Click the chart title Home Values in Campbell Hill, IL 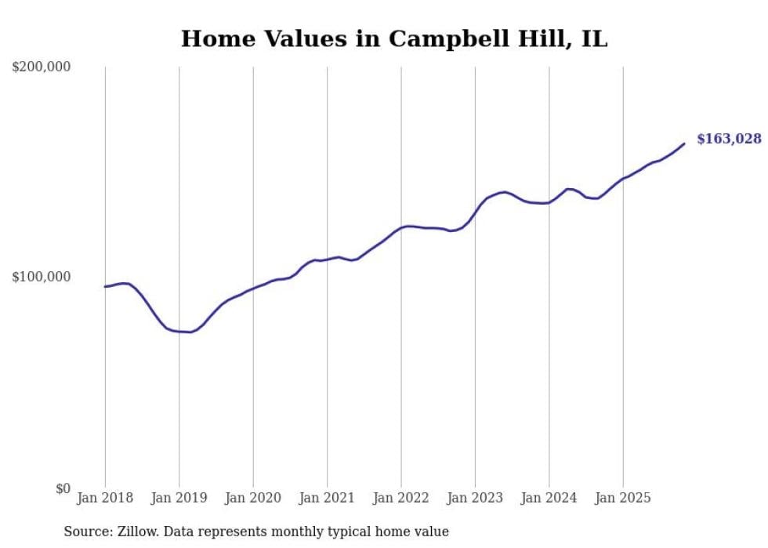click(394, 38)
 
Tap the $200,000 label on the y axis click(42, 67)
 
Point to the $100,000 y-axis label click(42, 277)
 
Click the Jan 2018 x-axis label click(105, 498)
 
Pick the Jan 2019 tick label click(179, 498)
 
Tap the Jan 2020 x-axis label click(253, 498)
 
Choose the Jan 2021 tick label click(327, 498)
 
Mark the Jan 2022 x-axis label click(401, 498)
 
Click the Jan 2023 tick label click(475, 498)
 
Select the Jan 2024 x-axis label click(549, 498)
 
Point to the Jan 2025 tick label click(623, 498)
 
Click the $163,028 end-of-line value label click(729, 140)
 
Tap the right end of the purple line click(684, 143)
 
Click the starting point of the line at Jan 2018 click(105, 286)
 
